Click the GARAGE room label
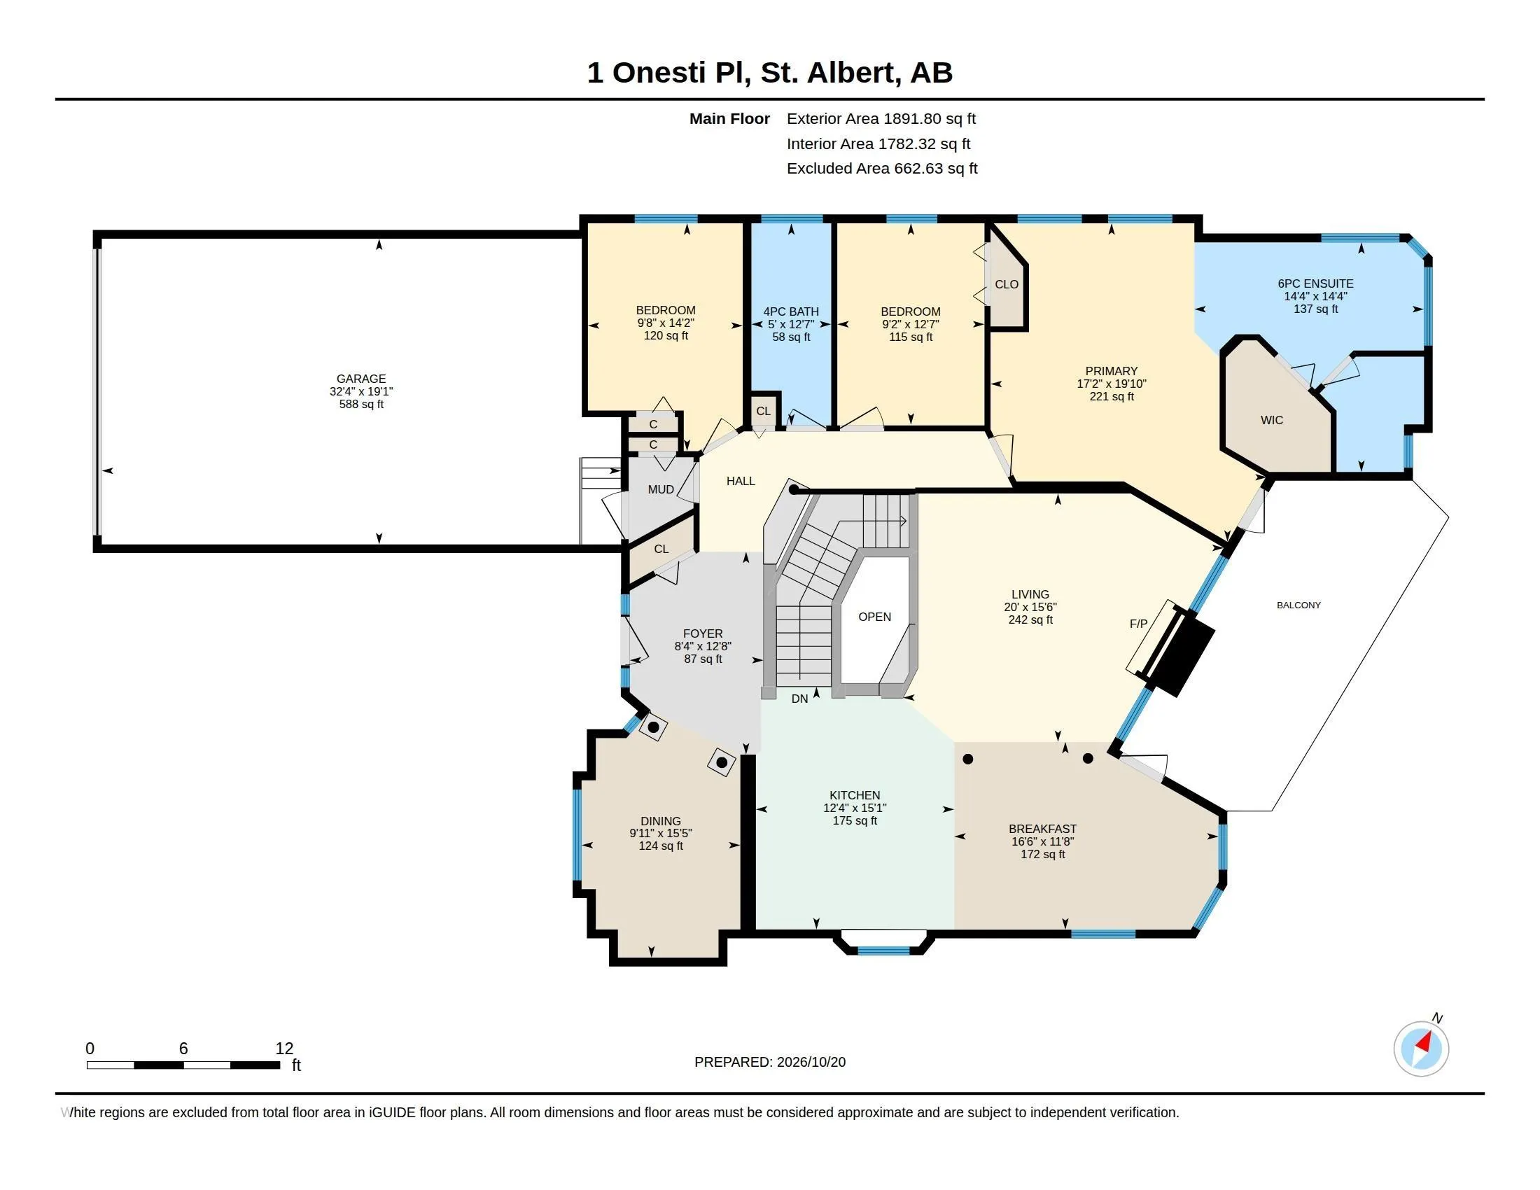pyautogui.click(x=361, y=379)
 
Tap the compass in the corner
pyautogui.click(x=1421, y=1049)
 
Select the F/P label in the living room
pyautogui.click(x=1139, y=624)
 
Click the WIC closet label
pyautogui.click(x=1272, y=420)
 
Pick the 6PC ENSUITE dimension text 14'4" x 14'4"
pyautogui.click(x=1316, y=297)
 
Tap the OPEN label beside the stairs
pyautogui.click(x=874, y=617)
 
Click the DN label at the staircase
pyautogui.click(x=799, y=699)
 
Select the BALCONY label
pyautogui.click(x=1298, y=605)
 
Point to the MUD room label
pyautogui.click(x=661, y=489)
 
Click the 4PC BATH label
pyautogui.click(x=791, y=311)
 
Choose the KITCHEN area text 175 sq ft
pyautogui.click(x=855, y=820)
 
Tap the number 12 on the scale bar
pyautogui.click(x=284, y=1049)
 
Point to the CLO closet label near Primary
pyautogui.click(x=1006, y=284)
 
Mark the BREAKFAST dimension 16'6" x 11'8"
pyautogui.click(x=1042, y=841)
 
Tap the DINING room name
pyautogui.click(x=661, y=821)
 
